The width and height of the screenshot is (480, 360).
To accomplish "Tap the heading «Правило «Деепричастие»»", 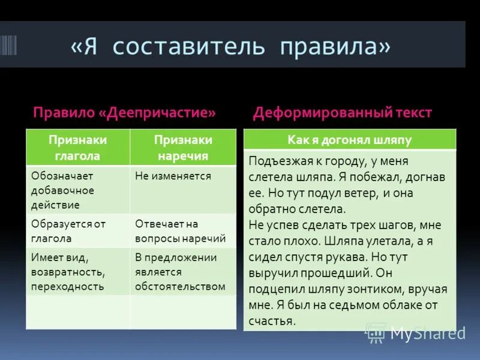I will [124, 113].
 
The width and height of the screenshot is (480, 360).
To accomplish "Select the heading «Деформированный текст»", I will [342, 113].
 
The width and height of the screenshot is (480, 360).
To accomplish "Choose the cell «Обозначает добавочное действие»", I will [77, 190].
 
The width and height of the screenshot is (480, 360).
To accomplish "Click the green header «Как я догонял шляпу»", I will [349, 140].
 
